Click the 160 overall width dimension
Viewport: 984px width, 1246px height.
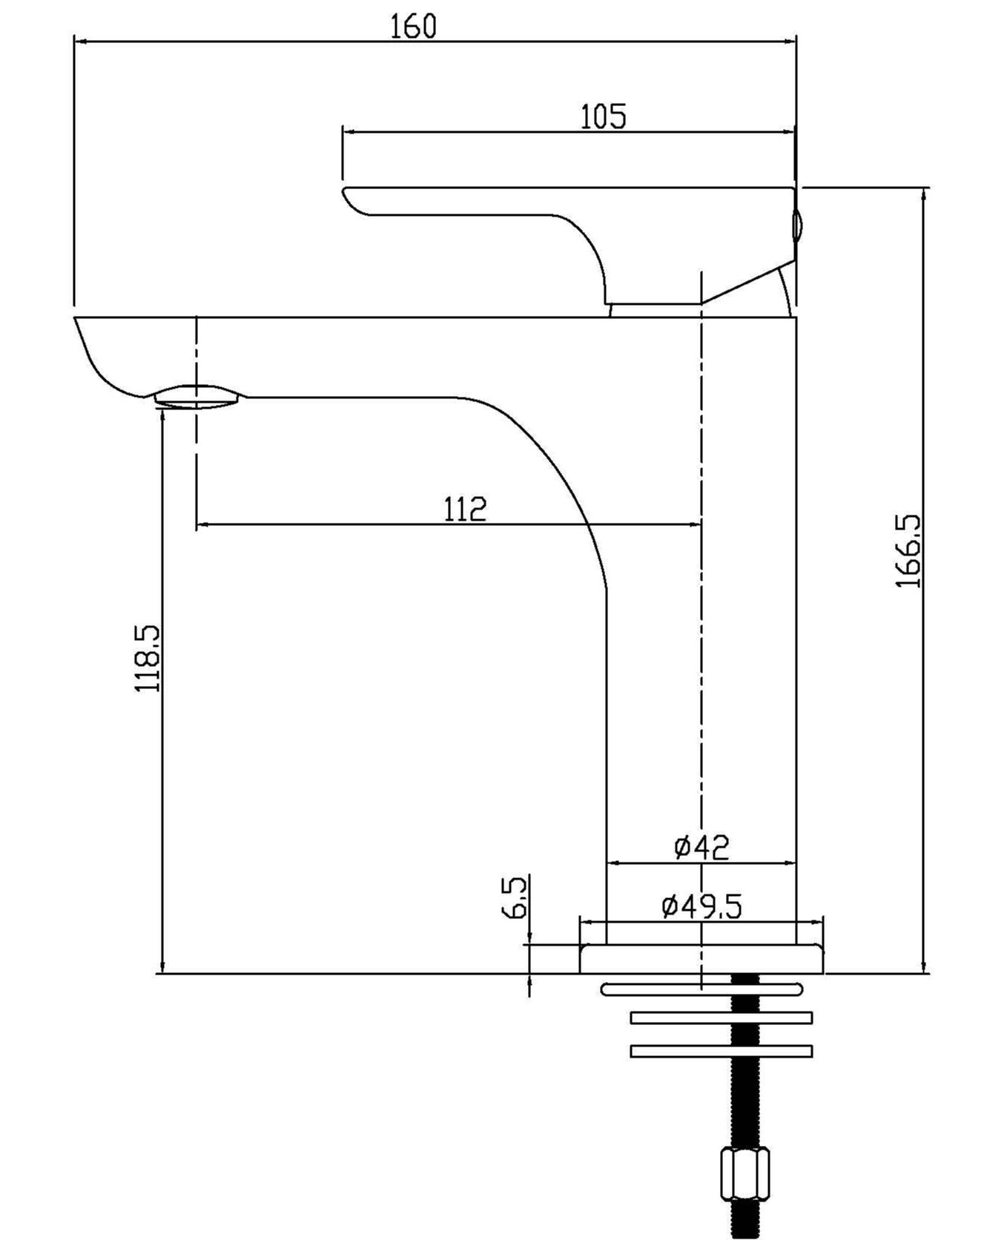point(414,27)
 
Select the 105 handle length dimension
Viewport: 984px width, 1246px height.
point(602,116)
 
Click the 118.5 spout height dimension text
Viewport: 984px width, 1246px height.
point(147,659)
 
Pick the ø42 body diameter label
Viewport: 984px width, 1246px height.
point(701,846)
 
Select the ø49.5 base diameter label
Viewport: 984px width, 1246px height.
point(701,906)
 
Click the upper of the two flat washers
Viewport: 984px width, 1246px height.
point(721,1018)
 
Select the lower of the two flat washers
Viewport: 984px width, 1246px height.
point(721,1051)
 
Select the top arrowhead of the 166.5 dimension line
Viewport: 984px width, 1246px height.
point(923,195)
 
